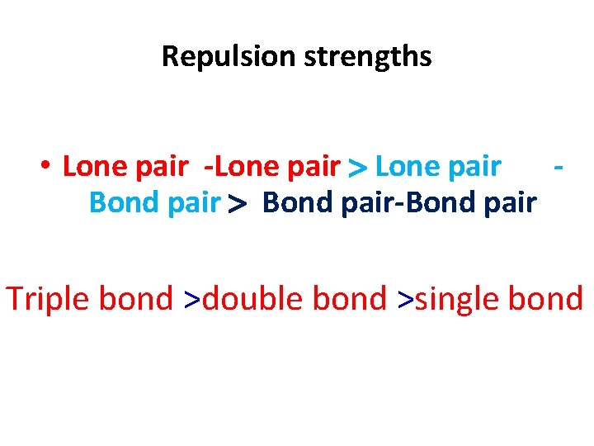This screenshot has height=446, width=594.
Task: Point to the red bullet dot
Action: pos(46,166)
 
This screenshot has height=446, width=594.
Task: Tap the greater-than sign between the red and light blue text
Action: pos(358,168)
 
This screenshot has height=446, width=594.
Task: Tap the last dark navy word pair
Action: pos(509,203)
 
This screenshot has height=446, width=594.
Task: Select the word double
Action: pos(251,298)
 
